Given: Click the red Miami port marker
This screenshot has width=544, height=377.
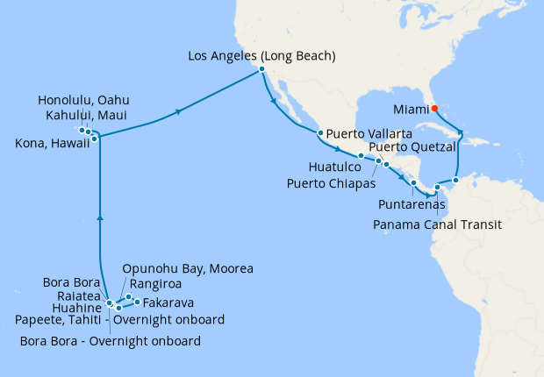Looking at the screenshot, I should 433,110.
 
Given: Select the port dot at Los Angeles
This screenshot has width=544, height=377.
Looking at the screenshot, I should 261,72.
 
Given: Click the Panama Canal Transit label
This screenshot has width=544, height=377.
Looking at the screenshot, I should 437,224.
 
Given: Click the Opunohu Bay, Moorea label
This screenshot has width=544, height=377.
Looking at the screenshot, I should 188,267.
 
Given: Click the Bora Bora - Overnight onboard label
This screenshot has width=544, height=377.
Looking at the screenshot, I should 110,340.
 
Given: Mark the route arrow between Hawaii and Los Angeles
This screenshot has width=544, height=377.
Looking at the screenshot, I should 179,111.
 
